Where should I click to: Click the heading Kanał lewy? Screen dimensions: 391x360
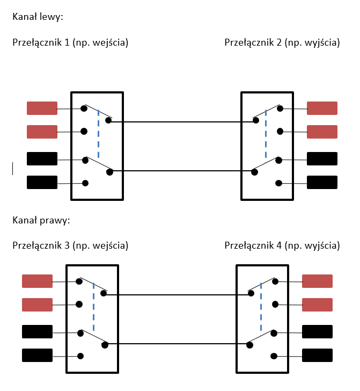[x=38, y=17]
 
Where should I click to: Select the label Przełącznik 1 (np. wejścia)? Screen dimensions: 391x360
[x=70, y=42]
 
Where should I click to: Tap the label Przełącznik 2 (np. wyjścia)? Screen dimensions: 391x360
[x=282, y=42]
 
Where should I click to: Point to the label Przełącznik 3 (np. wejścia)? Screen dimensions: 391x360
[x=70, y=246]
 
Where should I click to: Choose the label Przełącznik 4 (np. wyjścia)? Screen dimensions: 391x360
[x=282, y=246]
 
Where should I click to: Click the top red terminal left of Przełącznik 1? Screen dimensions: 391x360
[x=42, y=108]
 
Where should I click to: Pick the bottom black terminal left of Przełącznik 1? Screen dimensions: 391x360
[x=42, y=183]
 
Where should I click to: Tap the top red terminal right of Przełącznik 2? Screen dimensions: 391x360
[x=322, y=108]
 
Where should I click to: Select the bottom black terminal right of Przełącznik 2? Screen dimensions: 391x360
[x=322, y=183]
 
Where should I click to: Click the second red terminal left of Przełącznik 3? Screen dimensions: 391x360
[x=37, y=305]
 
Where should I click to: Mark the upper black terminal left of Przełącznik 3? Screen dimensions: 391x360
[x=37, y=332]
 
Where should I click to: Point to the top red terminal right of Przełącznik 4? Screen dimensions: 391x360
[x=318, y=281]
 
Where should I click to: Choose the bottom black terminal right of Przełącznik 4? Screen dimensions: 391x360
[x=318, y=355]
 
